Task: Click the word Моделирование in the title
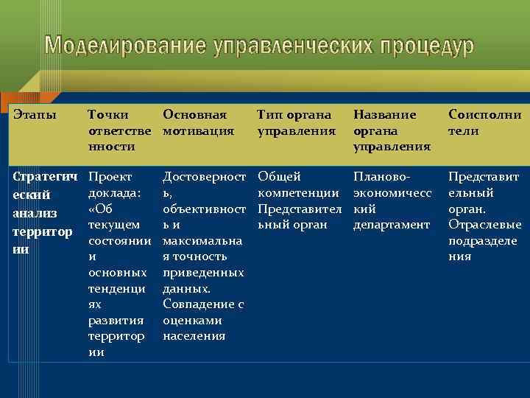tap(126, 46)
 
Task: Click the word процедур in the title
tap(428, 46)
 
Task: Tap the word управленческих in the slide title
tap(297, 46)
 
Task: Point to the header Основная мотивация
tap(199, 122)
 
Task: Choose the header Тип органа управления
tap(294, 122)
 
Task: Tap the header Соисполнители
tap(484, 122)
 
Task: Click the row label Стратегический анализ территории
tap(43, 212)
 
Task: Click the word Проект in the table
tap(110, 177)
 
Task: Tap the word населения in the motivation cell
tap(194, 336)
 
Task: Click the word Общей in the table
tap(279, 177)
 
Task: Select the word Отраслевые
tap(484, 225)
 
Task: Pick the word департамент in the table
tap(391, 225)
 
